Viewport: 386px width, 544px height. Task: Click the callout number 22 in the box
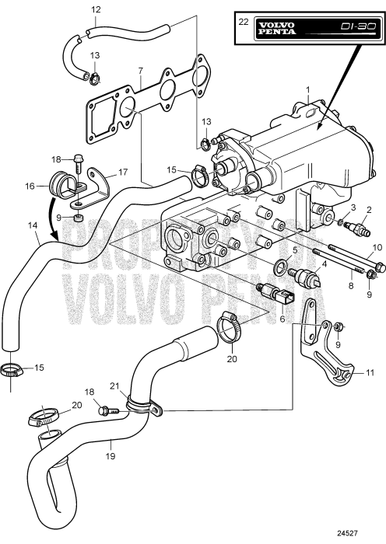point(244,22)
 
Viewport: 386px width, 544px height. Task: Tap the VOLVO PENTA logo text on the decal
point(277,29)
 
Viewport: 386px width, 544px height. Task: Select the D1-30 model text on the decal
point(359,26)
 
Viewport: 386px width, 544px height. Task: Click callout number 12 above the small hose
point(96,9)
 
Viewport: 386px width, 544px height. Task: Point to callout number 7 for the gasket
point(140,71)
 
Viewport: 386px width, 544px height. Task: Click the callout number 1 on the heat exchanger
point(308,90)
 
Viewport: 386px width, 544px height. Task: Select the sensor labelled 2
point(356,227)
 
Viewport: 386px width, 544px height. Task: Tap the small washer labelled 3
point(341,221)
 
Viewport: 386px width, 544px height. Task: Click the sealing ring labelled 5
point(281,267)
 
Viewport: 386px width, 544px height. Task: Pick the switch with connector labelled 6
point(275,293)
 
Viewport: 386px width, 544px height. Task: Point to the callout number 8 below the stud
point(351,286)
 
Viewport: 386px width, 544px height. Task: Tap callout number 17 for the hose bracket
point(123,172)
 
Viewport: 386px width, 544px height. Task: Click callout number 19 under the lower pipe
point(111,456)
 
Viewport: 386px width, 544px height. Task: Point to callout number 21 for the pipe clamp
point(115,386)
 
